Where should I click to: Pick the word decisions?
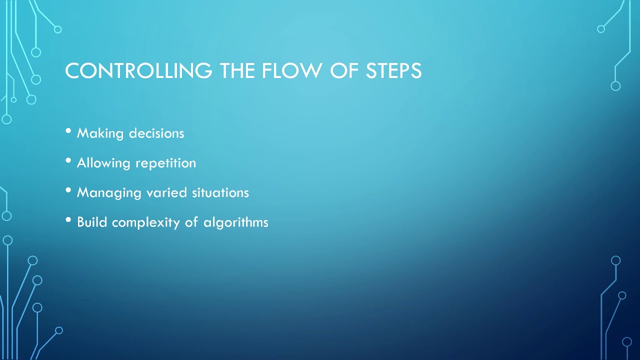(156, 133)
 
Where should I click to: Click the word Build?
(92, 222)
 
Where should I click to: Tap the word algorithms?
(236, 222)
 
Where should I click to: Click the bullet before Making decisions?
(68, 131)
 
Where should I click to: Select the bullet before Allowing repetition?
(68, 161)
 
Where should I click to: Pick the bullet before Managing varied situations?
(68, 191)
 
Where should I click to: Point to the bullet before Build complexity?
(68, 220)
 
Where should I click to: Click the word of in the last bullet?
(191, 222)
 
